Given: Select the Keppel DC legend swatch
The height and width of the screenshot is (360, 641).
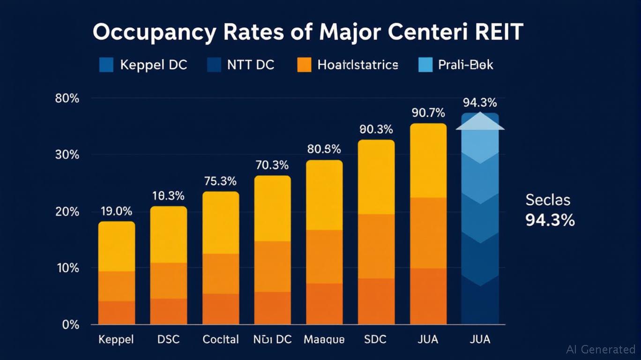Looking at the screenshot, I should (106, 65).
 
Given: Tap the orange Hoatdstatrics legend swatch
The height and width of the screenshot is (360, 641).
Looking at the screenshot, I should (304, 65).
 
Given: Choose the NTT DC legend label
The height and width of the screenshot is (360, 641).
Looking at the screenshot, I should (251, 65).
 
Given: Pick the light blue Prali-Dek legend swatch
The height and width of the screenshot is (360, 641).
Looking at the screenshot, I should (425, 65).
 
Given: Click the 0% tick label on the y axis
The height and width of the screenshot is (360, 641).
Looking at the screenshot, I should (71, 325).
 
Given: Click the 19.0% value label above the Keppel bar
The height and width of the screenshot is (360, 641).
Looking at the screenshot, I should (116, 211).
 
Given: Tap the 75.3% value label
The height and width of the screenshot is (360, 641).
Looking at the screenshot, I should (220, 181).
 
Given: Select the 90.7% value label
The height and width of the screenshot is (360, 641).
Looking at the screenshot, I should (428, 113).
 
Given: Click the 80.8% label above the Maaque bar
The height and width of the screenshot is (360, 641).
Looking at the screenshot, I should (324, 150).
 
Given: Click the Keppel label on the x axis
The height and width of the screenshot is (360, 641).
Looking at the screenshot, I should (116, 339).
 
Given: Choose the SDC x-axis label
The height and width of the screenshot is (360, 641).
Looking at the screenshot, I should (376, 339).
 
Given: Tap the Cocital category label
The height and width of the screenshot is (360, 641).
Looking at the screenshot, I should (220, 339).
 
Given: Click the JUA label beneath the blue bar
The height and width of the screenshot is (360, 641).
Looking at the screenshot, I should (479, 339).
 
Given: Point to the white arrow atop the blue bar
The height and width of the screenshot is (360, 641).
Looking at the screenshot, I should (480, 121).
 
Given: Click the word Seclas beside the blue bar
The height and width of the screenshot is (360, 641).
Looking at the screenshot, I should (548, 200).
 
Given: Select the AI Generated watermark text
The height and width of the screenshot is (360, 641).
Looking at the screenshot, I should (601, 349).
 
